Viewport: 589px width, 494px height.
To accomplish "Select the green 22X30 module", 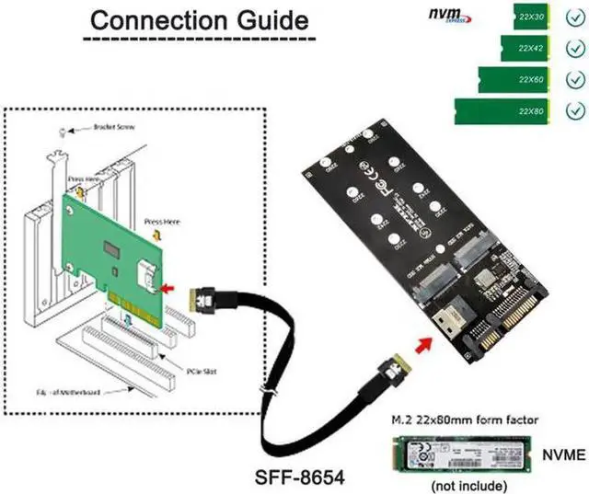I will (528, 16).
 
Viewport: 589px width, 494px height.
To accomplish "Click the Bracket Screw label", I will (115, 129).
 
